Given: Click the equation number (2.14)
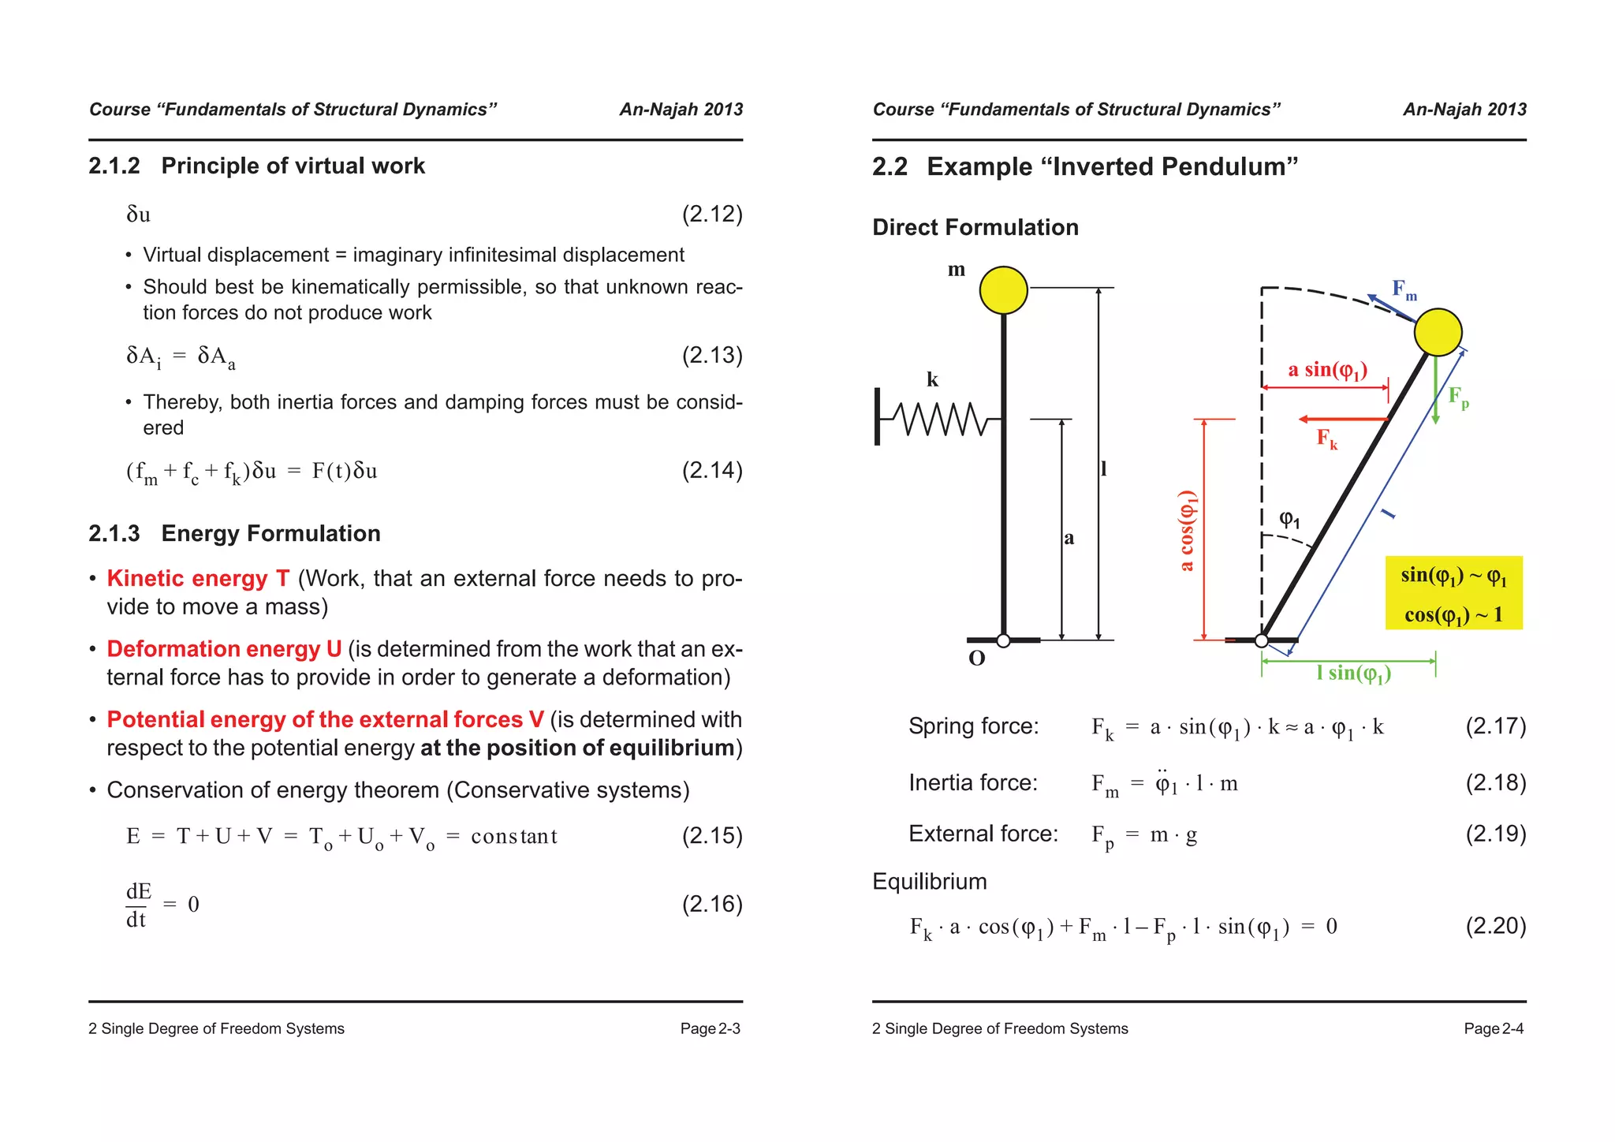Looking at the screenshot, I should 711,470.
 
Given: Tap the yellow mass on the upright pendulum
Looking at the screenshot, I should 1003,289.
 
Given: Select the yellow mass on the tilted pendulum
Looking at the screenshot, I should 1438,332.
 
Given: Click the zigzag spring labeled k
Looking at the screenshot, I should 942,419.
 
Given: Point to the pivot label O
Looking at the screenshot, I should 976,659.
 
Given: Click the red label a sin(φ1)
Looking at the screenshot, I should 1327,370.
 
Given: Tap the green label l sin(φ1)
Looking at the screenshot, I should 1353,673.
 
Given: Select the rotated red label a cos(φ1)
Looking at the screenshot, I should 1187,530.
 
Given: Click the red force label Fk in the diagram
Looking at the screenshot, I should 1326,439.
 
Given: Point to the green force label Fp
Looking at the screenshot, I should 1458,397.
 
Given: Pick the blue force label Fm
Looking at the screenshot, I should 1404,289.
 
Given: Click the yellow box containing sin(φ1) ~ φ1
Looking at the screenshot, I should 1453,593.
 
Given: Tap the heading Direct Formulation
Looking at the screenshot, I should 975,227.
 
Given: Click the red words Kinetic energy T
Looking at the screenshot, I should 198,578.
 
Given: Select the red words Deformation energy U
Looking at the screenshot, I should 224,648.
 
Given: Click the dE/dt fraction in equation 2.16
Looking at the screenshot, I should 138,905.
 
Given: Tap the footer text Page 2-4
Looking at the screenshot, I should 1493,1028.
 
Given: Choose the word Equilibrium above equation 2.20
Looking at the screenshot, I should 929,881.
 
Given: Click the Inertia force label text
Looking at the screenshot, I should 972,782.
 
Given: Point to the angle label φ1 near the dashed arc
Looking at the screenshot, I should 1289,519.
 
